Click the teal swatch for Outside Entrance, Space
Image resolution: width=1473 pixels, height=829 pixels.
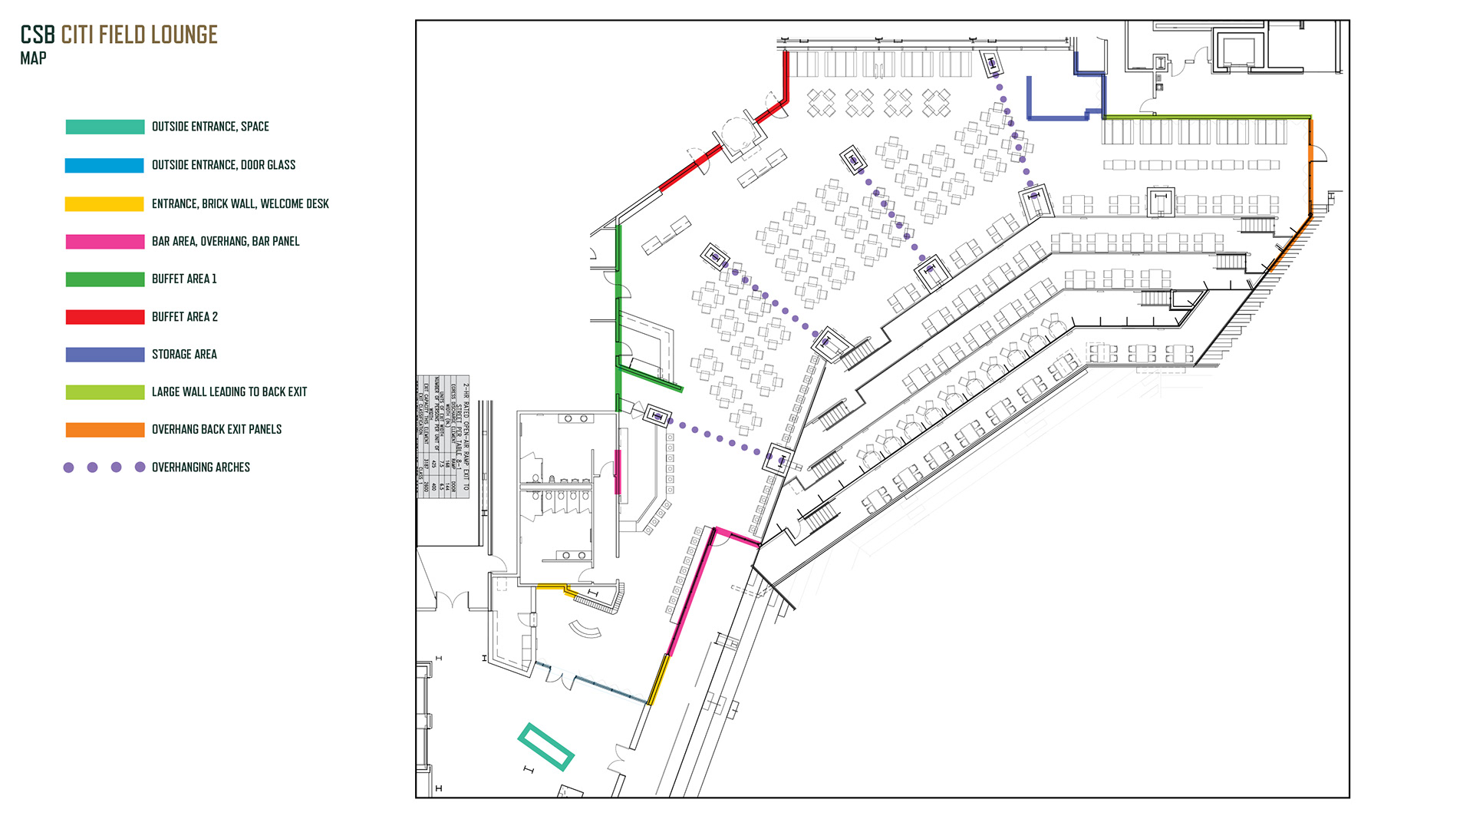pos(105,127)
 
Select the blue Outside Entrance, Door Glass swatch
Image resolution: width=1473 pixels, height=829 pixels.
pos(105,165)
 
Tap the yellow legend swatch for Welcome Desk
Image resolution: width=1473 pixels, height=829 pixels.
pos(105,203)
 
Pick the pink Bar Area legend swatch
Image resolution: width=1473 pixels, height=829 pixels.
pos(105,242)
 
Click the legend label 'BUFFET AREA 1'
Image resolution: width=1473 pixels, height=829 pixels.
pos(184,279)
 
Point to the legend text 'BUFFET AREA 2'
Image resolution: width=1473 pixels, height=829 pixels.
pos(184,317)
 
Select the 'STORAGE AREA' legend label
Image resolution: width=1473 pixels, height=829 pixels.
pos(184,355)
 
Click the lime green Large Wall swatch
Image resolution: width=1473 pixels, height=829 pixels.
pos(105,392)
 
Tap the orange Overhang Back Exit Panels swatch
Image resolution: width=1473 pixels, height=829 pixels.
pos(105,430)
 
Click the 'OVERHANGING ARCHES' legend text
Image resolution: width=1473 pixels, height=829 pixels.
pos(201,467)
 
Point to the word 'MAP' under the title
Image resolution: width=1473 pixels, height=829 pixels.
pos(33,58)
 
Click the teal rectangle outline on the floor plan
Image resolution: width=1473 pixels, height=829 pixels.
pos(545,747)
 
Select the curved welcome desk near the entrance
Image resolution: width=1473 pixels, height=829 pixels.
pos(586,629)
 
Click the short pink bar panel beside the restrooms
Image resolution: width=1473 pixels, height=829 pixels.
pos(618,471)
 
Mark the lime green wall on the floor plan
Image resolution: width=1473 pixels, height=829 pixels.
pos(1207,117)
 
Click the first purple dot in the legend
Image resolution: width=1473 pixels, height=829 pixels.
pos(68,467)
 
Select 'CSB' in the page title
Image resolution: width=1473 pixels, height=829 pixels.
pos(38,35)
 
